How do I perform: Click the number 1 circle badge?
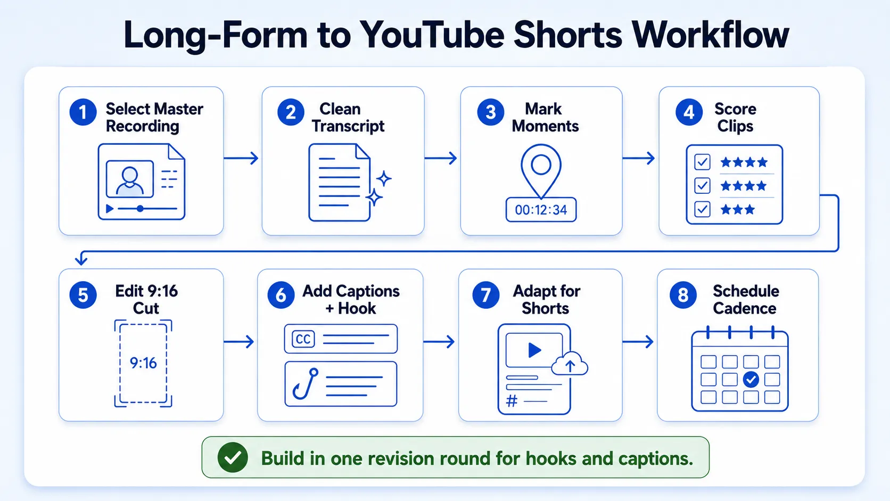83,112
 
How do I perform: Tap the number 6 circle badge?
281,295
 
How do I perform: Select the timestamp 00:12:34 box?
541,209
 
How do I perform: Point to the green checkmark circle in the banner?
233,457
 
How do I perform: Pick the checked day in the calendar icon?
751,379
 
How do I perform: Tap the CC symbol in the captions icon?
303,339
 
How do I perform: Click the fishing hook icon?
306,383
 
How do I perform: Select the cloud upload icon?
570,364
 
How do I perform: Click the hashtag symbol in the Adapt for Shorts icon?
512,401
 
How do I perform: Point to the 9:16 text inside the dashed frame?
143,363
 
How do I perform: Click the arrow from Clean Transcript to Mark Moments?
441,158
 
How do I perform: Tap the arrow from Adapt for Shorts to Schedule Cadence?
638,342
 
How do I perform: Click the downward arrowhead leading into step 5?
81,260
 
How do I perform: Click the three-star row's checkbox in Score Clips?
702,209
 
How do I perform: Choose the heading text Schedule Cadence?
745,300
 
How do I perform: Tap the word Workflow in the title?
711,35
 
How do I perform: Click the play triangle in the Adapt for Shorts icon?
534,350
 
